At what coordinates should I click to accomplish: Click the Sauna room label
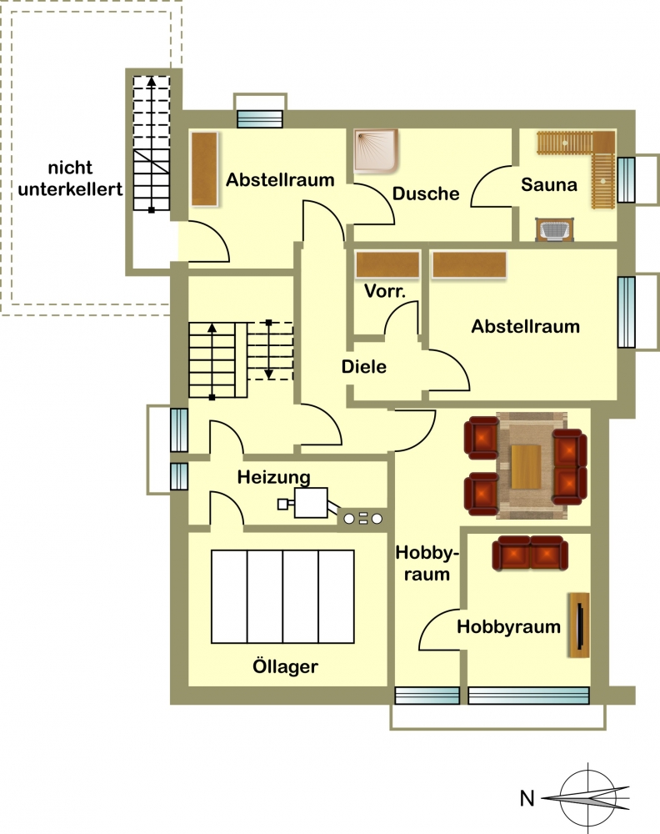tap(548, 184)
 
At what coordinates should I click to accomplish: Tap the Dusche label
tap(426, 193)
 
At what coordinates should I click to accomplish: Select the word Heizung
tap(273, 477)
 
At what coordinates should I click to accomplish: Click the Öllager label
tap(285, 666)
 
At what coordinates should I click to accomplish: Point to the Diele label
tap(363, 366)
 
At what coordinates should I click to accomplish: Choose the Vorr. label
tap(385, 291)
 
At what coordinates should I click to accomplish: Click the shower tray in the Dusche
tap(376, 151)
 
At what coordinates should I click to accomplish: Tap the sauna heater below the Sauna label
tap(555, 230)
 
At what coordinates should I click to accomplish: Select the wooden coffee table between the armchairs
tap(526, 467)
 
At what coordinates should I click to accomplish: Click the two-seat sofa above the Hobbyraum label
tap(530, 553)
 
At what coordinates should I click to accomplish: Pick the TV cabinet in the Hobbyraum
tap(578, 625)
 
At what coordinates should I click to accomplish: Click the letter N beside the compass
tap(527, 798)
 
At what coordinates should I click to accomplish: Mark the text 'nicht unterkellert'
tap(70, 178)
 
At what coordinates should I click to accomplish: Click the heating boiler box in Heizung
tap(310, 502)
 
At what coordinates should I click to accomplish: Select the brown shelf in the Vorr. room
tap(388, 265)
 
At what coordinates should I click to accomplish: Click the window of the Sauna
tap(626, 180)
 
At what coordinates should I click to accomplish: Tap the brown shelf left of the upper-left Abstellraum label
tap(205, 168)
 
